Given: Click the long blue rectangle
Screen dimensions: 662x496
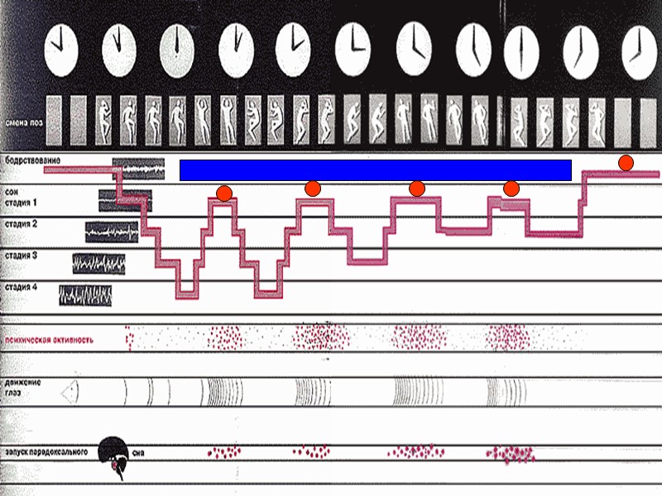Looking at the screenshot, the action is pyautogui.click(x=375, y=169).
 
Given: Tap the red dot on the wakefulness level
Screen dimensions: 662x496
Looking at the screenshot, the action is pyautogui.click(x=626, y=162).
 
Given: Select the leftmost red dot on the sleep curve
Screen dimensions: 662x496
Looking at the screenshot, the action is pyautogui.click(x=224, y=193).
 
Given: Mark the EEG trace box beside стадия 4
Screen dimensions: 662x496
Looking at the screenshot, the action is pyautogui.click(x=85, y=294).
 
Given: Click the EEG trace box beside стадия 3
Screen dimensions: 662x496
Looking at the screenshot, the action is pyautogui.click(x=99, y=263).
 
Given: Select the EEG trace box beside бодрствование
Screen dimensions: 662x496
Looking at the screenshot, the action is pyautogui.click(x=138, y=169).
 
